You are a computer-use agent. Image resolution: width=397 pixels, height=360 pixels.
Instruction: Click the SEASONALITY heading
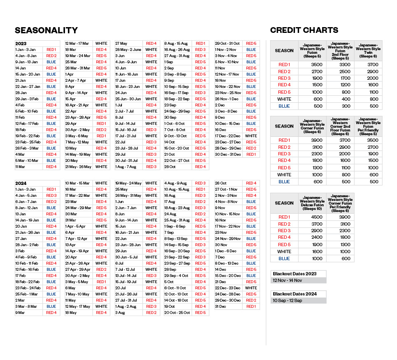tap(46, 30)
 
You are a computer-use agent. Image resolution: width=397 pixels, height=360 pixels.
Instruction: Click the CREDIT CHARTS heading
tap(304, 30)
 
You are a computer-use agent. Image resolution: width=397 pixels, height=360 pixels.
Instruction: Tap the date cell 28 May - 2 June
tap(128, 50)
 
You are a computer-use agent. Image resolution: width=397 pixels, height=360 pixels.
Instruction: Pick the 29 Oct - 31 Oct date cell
tap(227, 44)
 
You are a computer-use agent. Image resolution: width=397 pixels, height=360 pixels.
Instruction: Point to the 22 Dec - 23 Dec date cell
tap(227, 288)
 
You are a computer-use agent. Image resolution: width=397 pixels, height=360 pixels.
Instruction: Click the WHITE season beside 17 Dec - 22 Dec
tap(251, 136)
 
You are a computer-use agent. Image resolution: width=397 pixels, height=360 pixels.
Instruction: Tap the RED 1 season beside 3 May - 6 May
tap(101, 136)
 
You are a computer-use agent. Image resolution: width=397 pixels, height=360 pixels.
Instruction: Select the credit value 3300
tap(340, 65)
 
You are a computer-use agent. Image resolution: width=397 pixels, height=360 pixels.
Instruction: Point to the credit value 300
tap(340, 106)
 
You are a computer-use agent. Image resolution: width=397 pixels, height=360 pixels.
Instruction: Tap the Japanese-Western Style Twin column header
tap(368, 51)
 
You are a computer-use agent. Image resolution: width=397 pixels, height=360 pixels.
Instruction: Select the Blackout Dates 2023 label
tap(294, 274)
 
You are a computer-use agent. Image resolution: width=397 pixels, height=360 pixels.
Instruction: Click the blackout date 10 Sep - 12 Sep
tap(287, 300)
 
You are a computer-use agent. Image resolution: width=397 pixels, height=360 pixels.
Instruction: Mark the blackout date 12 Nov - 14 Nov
tap(287, 280)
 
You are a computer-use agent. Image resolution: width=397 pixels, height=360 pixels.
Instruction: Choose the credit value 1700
tap(340, 78)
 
